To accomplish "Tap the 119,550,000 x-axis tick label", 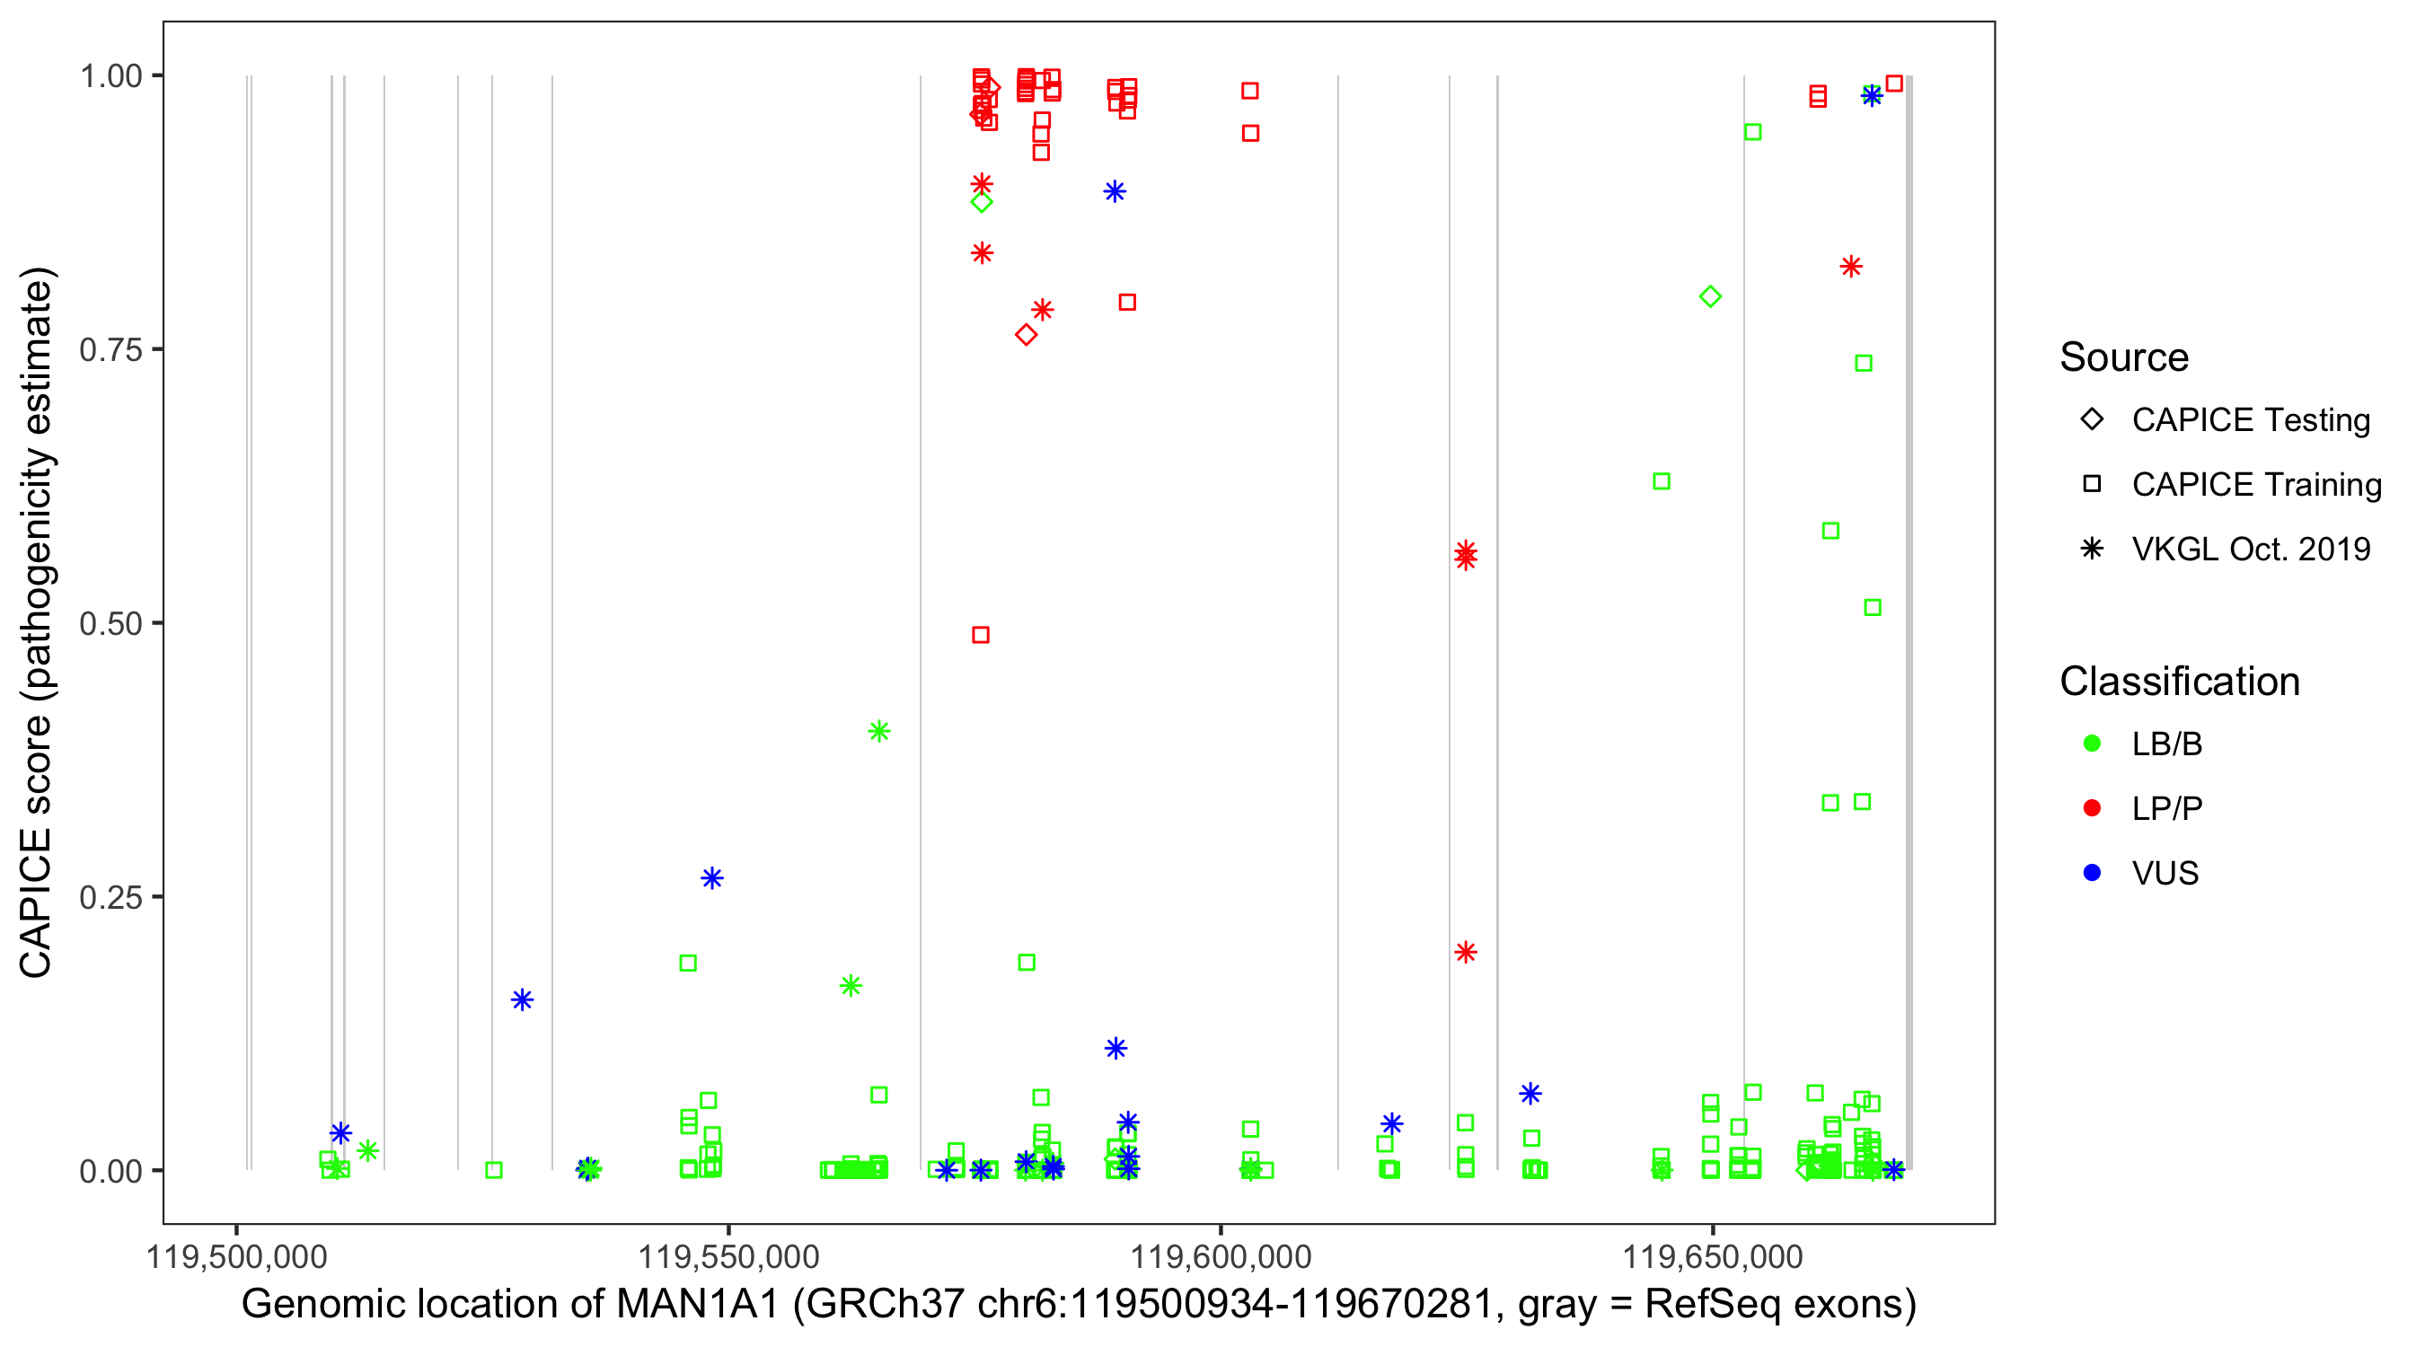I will point(728,1256).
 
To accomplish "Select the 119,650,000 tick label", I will point(1713,1256).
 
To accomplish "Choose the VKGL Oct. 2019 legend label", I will point(2251,550).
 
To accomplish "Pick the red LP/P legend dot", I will point(2092,808).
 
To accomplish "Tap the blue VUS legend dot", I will point(2092,874).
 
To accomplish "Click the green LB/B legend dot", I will point(2092,744).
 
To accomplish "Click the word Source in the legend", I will point(2124,357).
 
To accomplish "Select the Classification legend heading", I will point(2179,682).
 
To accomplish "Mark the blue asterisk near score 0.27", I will point(711,878).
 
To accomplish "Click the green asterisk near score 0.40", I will point(878,731).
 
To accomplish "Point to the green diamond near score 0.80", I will point(1710,297).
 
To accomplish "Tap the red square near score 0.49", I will point(980,636).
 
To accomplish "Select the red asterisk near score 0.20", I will point(1465,953).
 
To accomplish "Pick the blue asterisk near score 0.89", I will point(1115,192).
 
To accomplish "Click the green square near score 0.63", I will point(1662,482).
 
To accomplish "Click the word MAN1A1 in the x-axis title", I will point(698,1305).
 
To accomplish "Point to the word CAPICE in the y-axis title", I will point(36,903).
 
